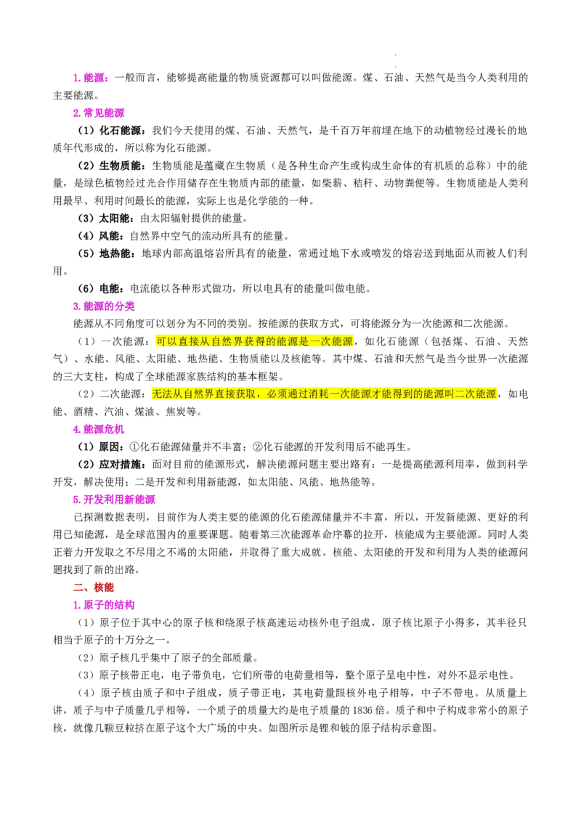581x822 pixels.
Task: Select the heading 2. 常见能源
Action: click(99, 113)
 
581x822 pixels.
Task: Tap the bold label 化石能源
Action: click(120, 131)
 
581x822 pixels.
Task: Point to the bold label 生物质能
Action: click(120, 166)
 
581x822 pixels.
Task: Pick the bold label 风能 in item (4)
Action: click(110, 236)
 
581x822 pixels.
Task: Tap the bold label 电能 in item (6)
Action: click(110, 288)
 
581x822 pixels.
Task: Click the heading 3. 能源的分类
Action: click(104, 306)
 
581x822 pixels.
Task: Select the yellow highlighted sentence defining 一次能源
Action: click(254, 341)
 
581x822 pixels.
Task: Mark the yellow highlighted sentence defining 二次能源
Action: click(324, 394)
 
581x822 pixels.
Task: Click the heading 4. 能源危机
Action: click(99, 429)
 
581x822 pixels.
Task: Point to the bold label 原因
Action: click(110, 447)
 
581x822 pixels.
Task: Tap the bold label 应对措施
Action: click(120, 464)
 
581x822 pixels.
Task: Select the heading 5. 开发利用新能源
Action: click(114, 499)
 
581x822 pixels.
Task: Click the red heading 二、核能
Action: click(94, 587)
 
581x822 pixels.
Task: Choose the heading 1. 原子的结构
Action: click(104, 604)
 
